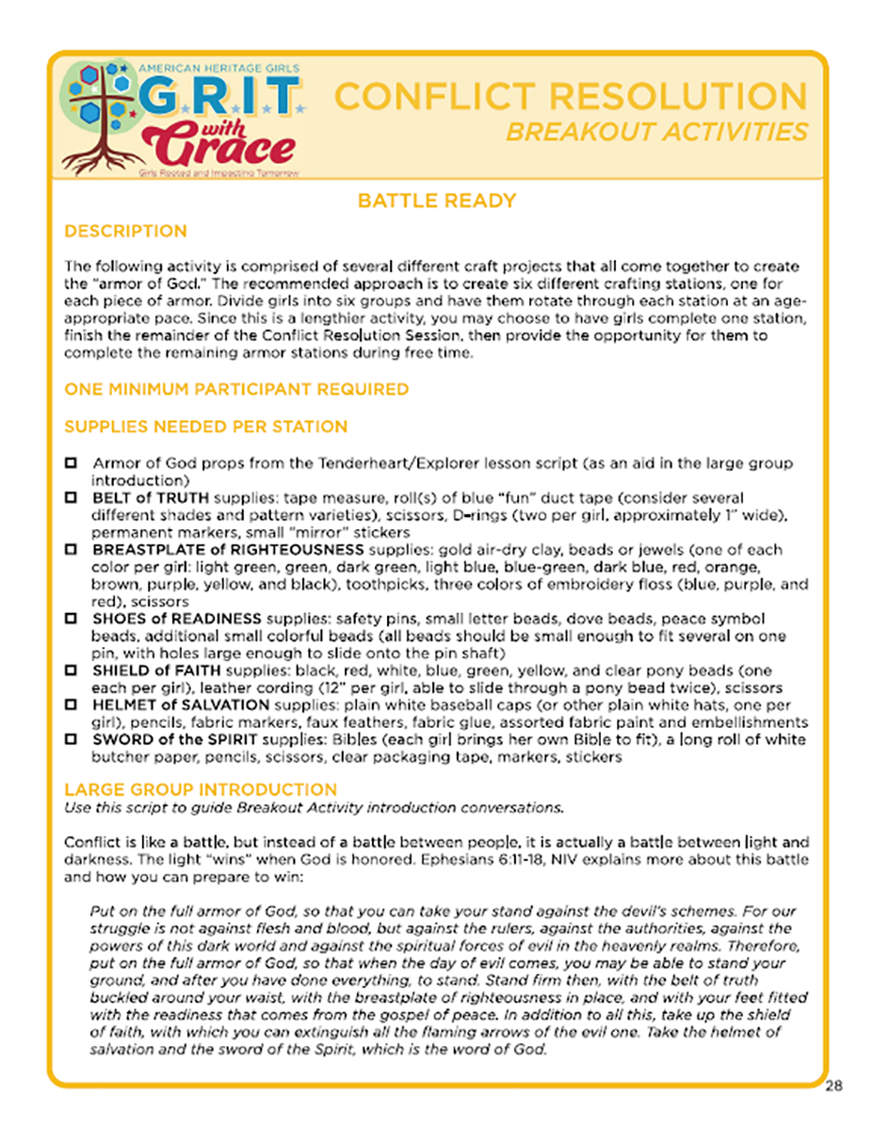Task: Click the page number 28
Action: point(834,1086)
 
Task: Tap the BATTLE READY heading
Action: point(437,201)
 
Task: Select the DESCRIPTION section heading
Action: point(125,232)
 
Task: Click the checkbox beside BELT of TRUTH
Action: point(71,497)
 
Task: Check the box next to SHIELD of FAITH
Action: point(71,670)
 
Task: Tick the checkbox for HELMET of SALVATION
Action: point(71,705)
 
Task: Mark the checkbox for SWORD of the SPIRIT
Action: point(71,740)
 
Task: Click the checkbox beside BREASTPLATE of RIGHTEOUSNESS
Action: point(71,549)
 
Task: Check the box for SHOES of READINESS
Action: point(71,619)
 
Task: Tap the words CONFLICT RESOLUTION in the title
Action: point(571,97)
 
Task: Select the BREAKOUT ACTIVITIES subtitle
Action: point(656,131)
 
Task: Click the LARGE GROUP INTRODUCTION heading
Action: point(200,789)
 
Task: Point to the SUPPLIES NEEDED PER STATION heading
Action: point(205,428)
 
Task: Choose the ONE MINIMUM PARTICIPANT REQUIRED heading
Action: point(236,389)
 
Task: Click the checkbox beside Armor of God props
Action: point(71,464)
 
